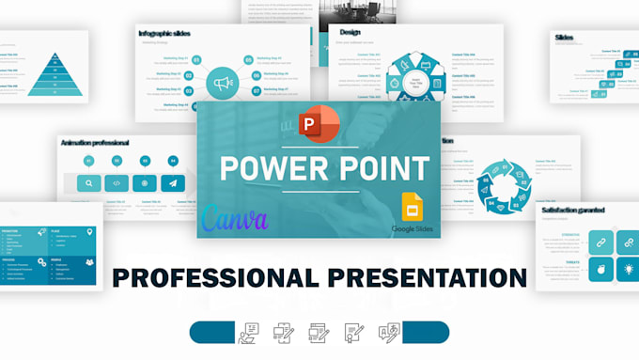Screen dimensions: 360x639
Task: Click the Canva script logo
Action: click(235, 218)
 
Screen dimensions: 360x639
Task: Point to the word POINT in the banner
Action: click(379, 170)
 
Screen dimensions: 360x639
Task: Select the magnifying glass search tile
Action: click(88, 183)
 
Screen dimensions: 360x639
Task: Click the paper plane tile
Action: click(173, 183)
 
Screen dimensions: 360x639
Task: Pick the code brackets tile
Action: click(117, 183)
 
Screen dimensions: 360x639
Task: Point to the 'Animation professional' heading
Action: click(95, 142)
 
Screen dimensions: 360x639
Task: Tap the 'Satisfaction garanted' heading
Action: click(573, 211)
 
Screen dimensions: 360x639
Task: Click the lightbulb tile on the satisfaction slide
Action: click(627, 271)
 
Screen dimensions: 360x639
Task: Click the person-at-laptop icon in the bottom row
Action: click(249, 334)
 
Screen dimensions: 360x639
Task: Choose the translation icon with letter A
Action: click(388, 334)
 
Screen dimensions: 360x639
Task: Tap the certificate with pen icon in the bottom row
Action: click(353, 334)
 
